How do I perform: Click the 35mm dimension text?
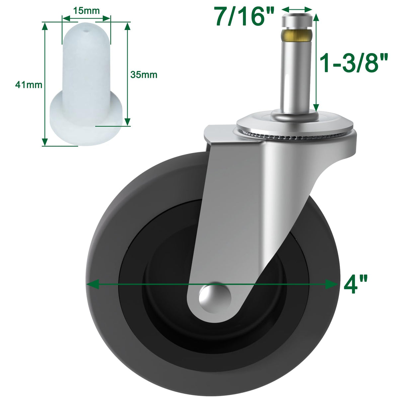tap(143, 75)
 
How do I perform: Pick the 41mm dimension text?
tap(29, 85)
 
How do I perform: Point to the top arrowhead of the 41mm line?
tap(43, 26)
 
